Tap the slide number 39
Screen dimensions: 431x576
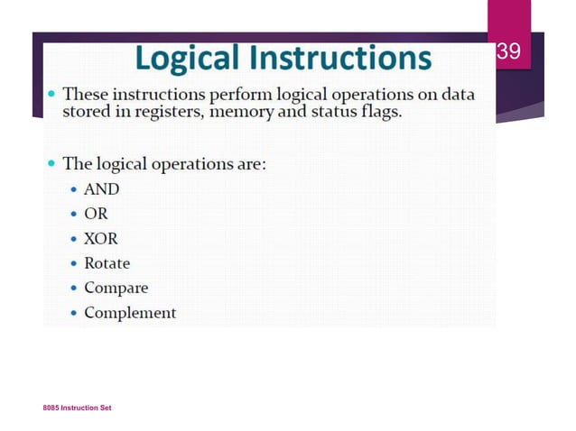pyautogui.click(x=509, y=52)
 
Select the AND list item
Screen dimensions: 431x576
pyautogui.click(x=101, y=189)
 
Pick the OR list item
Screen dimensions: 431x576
pyautogui.click(x=96, y=215)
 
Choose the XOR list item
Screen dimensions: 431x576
pyautogui.click(x=101, y=239)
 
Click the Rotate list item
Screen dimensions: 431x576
pyautogui.click(x=107, y=263)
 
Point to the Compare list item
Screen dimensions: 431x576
pyautogui.click(x=116, y=289)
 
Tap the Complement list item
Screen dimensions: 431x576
pyautogui.click(x=130, y=313)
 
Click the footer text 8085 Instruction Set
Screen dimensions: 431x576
pyautogui.click(x=77, y=408)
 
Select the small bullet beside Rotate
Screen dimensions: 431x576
pyautogui.click(x=75, y=264)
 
